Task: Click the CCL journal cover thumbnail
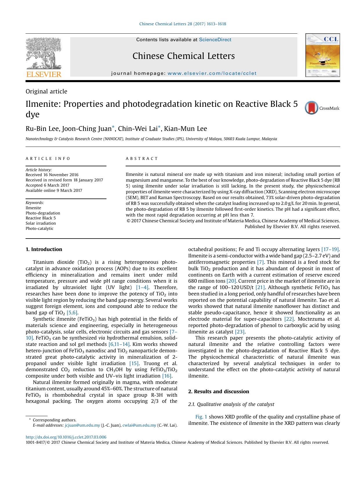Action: [x=322, y=55]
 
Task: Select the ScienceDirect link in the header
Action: [x=215, y=40]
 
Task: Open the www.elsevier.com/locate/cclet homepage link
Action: [x=212, y=73]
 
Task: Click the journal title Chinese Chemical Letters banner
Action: [x=183, y=56]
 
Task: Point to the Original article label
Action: [x=46, y=91]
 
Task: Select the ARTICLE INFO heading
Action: [x=48, y=159]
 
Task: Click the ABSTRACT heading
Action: [x=142, y=159]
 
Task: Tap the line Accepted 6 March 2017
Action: [x=47, y=185]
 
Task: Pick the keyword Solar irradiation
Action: [x=41, y=223]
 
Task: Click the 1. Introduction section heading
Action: [x=44, y=249]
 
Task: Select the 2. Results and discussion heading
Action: [x=218, y=391]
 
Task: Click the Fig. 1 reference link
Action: [x=201, y=417]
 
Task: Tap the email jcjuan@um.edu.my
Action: [x=82, y=425]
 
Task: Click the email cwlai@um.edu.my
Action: [x=139, y=425]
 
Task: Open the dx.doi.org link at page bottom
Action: [x=66, y=437]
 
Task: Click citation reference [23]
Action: [x=240, y=332]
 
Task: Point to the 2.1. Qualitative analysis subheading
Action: [x=231, y=404]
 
